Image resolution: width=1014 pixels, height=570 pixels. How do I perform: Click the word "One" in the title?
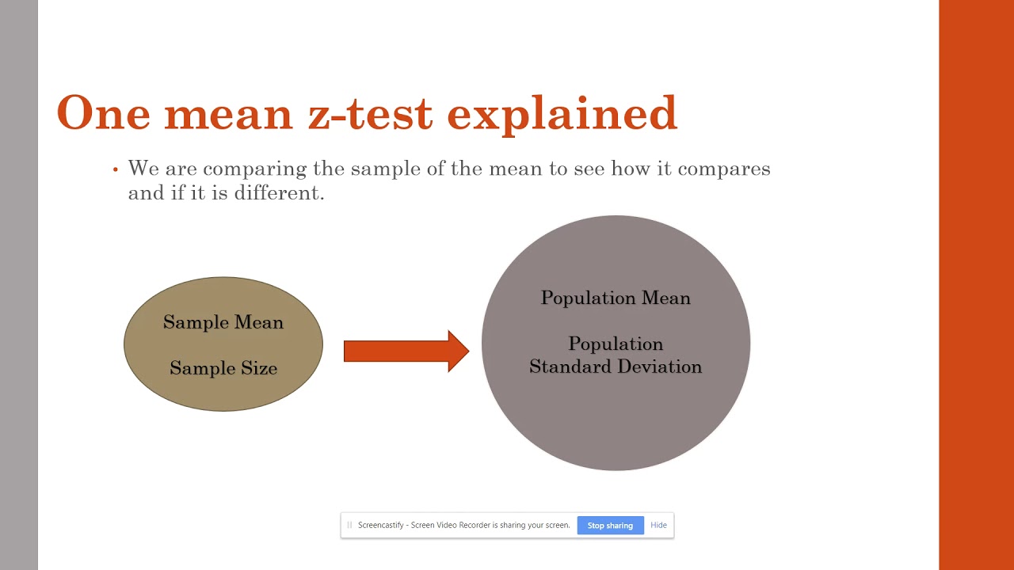[x=103, y=113]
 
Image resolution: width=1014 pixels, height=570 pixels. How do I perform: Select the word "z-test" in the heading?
[x=370, y=113]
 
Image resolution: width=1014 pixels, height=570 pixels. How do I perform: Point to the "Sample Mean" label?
[x=223, y=322]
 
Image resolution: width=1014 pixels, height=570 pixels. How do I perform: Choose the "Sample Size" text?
[x=223, y=368]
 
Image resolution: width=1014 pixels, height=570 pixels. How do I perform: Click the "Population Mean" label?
[x=616, y=298]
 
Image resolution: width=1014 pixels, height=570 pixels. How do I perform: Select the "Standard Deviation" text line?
[x=616, y=367]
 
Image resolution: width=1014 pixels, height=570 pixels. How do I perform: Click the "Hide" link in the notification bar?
[x=658, y=525]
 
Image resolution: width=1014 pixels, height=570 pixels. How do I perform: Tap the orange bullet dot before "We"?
[x=115, y=169]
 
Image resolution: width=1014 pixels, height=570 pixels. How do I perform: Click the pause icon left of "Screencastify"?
[x=349, y=525]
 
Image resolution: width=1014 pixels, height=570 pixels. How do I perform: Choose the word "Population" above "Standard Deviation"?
[x=616, y=344]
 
